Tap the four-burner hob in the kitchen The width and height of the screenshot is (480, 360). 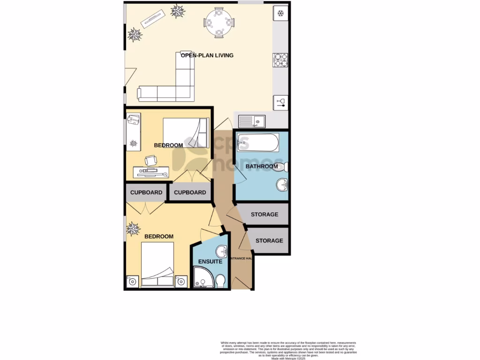pyautogui.click(x=280, y=60)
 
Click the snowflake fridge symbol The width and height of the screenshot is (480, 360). pyautogui.click(x=280, y=13)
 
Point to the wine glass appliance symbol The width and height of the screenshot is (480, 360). pyautogui.click(x=281, y=102)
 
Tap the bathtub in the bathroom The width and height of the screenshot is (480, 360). pyautogui.click(x=258, y=142)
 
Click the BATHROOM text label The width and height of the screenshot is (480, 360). pyautogui.click(x=262, y=166)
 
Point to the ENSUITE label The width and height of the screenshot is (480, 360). pyautogui.click(x=210, y=262)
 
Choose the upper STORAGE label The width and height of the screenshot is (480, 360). pyautogui.click(x=264, y=215)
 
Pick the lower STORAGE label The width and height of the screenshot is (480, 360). pyautogui.click(x=269, y=240)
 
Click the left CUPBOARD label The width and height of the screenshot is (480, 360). pyautogui.click(x=146, y=193)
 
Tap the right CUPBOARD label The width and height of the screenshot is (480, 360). pyautogui.click(x=190, y=193)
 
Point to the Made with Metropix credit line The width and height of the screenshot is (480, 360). pyautogui.click(x=288, y=359)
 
